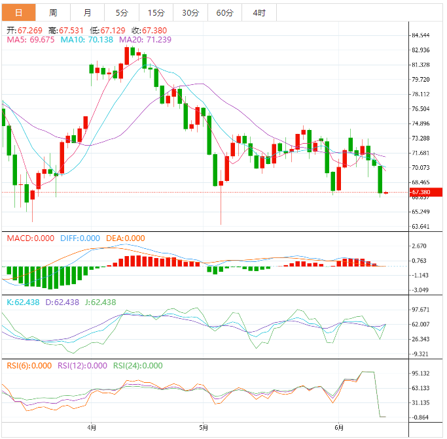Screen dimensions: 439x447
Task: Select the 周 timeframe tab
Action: tap(53, 12)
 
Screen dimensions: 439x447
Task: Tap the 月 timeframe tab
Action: tap(88, 12)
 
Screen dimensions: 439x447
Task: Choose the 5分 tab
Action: tap(122, 12)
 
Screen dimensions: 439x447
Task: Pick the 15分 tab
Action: tap(156, 12)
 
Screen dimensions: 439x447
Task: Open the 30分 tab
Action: tap(190, 12)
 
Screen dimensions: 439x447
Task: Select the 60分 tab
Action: tap(224, 12)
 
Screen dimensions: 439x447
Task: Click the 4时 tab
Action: tap(259, 12)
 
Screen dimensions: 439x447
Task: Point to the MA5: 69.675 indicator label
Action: tap(31, 40)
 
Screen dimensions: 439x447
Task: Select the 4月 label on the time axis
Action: tap(92, 429)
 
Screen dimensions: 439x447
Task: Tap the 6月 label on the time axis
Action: tap(339, 429)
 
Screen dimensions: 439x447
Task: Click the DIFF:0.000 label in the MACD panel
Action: tap(80, 238)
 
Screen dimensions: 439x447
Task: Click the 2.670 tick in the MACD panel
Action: tap(420, 246)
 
